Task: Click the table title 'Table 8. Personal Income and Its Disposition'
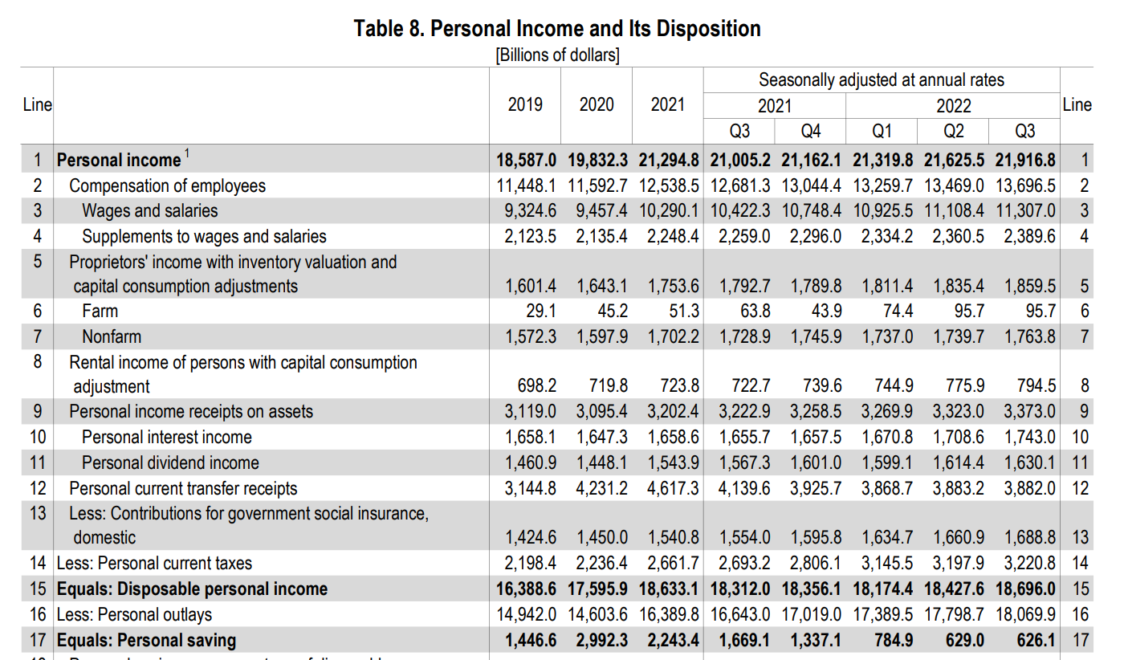(557, 29)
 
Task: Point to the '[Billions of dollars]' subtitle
(557, 55)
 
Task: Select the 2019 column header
(525, 105)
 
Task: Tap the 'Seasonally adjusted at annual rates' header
(881, 80)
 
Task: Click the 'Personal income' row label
(119, 160)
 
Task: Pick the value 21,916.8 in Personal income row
(1025, 160)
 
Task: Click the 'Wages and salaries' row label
(149, 211)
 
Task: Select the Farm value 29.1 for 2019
(540, 311)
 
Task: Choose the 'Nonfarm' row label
(112, 336)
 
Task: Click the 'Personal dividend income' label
(170, 463)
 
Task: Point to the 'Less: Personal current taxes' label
(154, 564)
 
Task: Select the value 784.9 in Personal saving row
(889, 640)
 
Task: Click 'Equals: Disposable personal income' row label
(192, 589)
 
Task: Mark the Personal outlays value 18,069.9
(1025, 615)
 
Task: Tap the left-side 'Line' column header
(37, 105)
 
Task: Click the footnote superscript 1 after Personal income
(187, 153)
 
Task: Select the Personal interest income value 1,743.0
(1029, 438)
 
